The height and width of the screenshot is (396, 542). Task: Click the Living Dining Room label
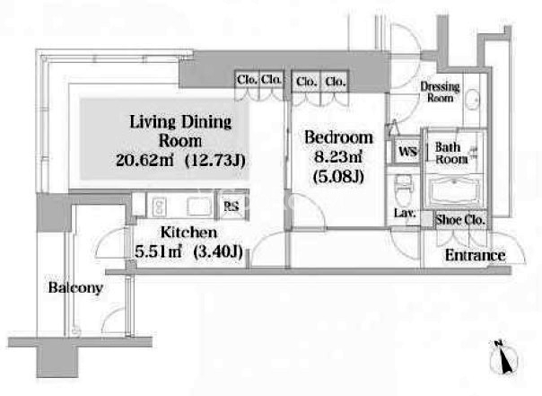click(x=180, y=131)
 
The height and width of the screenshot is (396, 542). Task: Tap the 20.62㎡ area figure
click(x=144, y=161)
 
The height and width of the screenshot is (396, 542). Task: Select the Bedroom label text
click(x=339, y=137)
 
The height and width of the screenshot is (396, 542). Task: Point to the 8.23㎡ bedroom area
click(x=338, y=157)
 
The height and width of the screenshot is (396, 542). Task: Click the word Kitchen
click(x=188, y=233)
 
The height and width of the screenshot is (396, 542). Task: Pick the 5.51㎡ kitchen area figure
click(x=158, y=251)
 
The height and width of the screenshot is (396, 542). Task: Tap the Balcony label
click(x=75, y=287)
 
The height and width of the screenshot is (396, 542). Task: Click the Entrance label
click(x=476, y=256)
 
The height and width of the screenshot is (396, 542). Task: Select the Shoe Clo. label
click(x=460, y=220)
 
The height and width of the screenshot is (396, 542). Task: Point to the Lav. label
click(x=405, y=213)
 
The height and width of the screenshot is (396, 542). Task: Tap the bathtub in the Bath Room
click(x=454, y=191)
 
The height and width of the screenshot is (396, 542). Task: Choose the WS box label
click(x=407, y=151)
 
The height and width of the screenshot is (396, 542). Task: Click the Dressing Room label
click(x=440, y=92)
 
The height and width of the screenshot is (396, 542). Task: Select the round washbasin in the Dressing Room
click(x=472, y=100)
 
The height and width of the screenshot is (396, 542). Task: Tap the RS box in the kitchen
click(x=232, y=207)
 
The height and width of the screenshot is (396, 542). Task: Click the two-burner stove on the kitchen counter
click(x=159, y=207)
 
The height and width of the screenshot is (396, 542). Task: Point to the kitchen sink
click(x=199, y=207)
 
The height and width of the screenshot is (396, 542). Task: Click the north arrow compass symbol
click(x=503, y=357)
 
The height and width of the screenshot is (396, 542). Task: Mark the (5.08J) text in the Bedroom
click(x=338, y=177)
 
